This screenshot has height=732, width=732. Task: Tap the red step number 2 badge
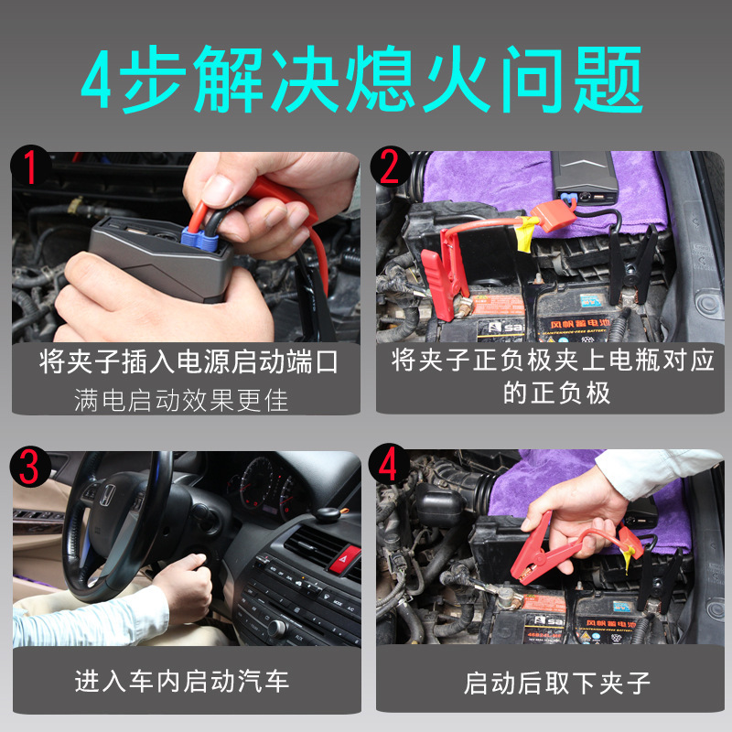[391, 167]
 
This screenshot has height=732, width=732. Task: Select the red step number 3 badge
[30, 467]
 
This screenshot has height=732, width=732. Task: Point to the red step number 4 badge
[389, 464]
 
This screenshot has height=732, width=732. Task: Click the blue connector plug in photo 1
[199, 238]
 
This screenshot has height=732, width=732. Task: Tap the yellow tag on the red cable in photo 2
[527, 232]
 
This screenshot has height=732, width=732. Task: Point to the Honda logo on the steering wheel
[108, 496]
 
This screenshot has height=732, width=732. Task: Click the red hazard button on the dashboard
[344, 559]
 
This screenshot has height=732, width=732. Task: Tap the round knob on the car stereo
[276, 629]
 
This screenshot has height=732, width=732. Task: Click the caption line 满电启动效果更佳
[181, 400]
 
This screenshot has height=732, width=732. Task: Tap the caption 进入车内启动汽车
[181, 681]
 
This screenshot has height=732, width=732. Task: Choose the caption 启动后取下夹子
[556, 683]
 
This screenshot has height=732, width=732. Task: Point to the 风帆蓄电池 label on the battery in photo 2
[579, 324]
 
